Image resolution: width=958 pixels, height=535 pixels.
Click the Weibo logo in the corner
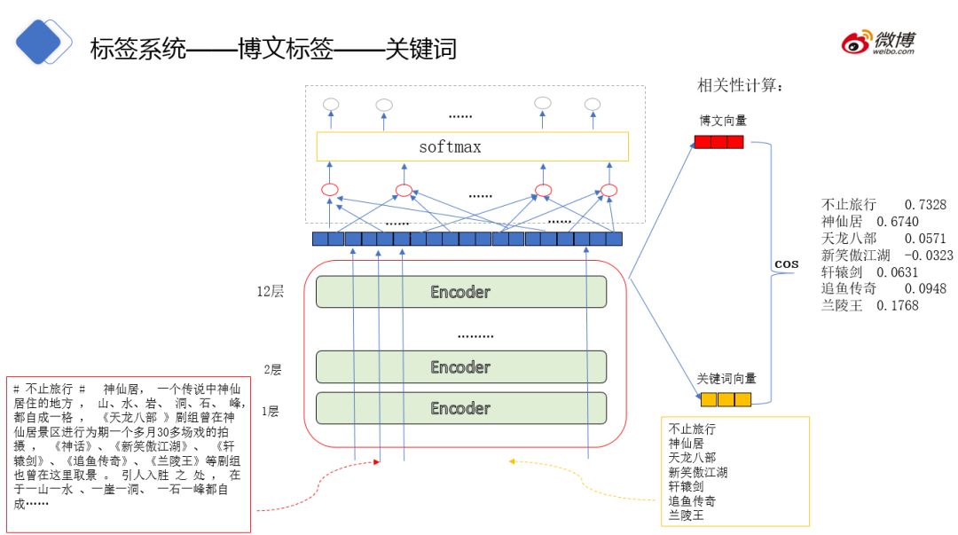[x=878, y=42]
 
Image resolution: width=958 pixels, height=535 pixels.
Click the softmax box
[x=472, y=146]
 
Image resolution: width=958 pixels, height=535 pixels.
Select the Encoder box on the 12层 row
[x=460, y=292]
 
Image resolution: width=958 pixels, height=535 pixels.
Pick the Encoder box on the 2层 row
[x=460, y=366]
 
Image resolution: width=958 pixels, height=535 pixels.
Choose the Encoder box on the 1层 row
[x=460, y=408]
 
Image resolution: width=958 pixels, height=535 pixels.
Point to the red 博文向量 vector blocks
[x=718, y=141]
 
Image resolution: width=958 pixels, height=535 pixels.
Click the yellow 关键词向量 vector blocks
[x=722, y=399]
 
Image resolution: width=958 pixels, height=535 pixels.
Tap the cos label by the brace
[x=786, y=264]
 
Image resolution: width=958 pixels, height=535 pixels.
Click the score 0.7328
[x=925, y=205]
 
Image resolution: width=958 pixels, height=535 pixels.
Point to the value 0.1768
[x=897, y=305]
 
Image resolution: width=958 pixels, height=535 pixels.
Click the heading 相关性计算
[x=740, y=86]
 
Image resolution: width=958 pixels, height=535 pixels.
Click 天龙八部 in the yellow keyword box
[x=692, y=458]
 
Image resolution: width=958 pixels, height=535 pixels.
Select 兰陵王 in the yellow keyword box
[x=686, y=515]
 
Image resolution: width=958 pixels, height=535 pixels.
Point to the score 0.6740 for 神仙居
[x=897, y=222]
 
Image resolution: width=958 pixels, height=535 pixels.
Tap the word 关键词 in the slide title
[x=420, y=49]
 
